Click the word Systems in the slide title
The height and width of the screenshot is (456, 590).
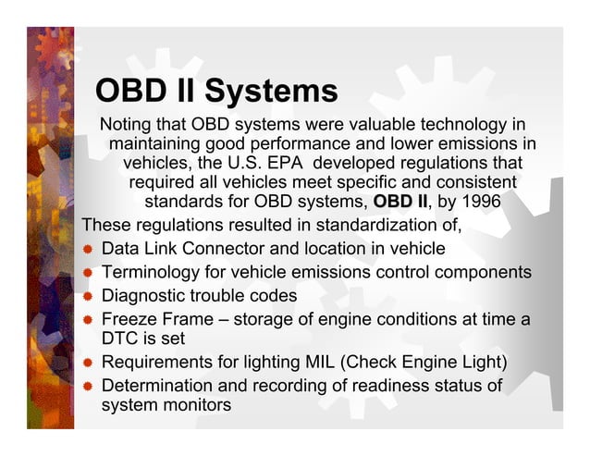tap(271, 92)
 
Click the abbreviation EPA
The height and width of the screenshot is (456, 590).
tap(294, 163)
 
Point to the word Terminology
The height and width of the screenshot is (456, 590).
tap(152, 273)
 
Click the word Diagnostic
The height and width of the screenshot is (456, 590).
tap(144, 297)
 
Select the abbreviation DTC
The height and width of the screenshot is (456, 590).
tap(120, 339)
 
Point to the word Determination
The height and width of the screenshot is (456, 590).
tap(158, 385)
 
